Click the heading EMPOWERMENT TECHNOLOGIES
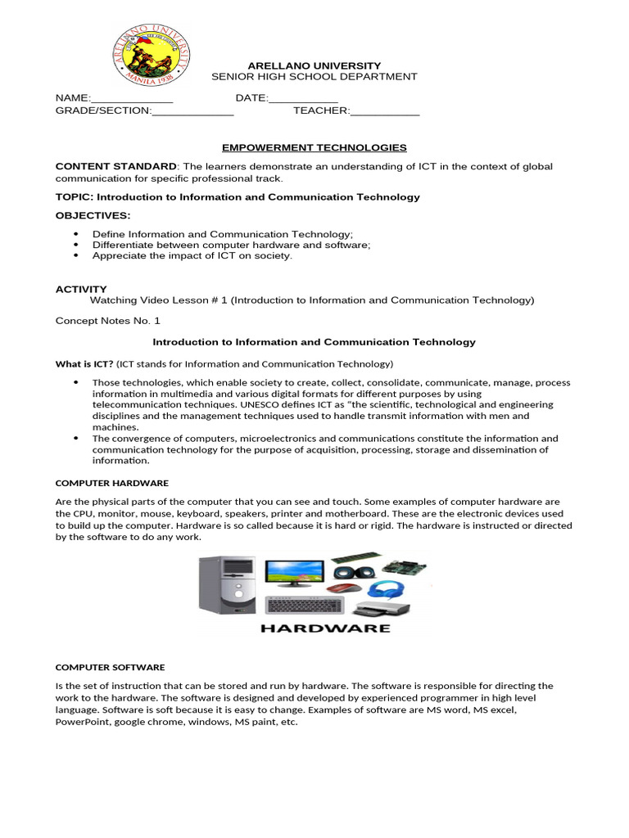click(x=314, y=147)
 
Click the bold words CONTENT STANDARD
click(x=115, y=166)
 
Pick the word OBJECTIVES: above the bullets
click(x=93, y=215)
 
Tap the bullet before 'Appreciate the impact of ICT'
click(x=75, y=255)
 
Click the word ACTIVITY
click(x=81, y=289)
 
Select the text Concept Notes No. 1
click(x=108, y=320)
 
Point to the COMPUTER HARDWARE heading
click(x=111, y=483)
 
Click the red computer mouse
click(x=342, y=588)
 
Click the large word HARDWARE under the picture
click(x=325, y=628)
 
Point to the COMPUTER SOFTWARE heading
click(x=110, y=667)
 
